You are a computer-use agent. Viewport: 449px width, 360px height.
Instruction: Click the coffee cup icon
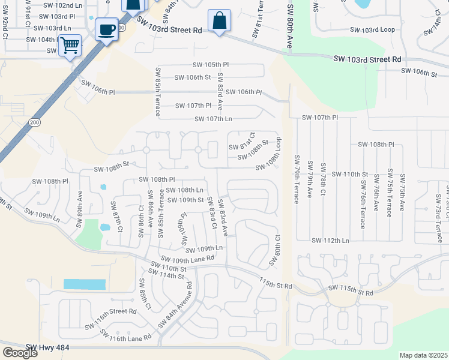pos(106,29)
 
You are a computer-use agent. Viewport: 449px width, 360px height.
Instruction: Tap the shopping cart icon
pos(70,45)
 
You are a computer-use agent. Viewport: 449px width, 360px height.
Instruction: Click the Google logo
pos(20,353)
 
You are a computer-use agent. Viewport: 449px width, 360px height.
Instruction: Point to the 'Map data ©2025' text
pos(424,355)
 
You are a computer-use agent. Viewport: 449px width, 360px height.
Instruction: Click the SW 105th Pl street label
pos(211,64)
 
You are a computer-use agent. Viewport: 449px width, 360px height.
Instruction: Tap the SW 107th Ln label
pos(213,119)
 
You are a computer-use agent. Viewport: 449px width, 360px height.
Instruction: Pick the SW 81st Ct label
pos(242,143)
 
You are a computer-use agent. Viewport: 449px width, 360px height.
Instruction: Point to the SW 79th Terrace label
pos(297,179)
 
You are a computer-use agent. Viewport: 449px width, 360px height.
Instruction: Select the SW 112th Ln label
pos(330,241)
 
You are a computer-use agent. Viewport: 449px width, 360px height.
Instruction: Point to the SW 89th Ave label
pos(80,208)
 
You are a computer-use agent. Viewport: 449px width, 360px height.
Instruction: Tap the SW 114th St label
pos(167,275)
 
